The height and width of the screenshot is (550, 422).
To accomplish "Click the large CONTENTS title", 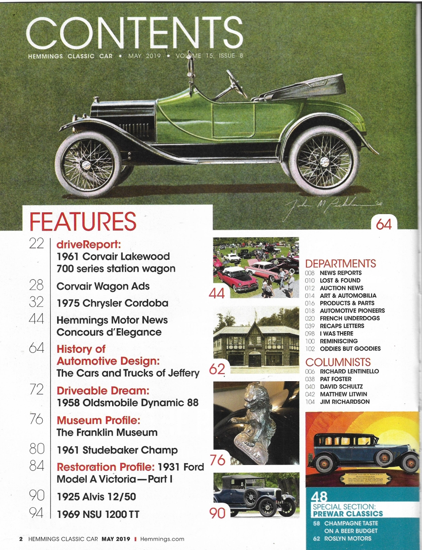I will pos(135,33).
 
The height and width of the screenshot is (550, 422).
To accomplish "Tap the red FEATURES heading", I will pos(83,221).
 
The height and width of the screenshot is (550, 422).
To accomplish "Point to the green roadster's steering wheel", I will pos(237,83).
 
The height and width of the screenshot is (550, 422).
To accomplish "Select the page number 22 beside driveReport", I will pos(36,243).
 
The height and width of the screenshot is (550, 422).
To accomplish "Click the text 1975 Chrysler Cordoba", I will pos(113,303).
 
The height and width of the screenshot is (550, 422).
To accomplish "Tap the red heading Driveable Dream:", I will pos(103,390).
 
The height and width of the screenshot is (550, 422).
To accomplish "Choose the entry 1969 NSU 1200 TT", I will pos(98,514).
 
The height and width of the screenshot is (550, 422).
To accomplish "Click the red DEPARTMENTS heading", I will pos(340,264).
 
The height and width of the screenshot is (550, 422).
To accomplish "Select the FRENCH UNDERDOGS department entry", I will pos(350,318).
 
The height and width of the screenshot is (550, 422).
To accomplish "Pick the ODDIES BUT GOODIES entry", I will pos(350,349).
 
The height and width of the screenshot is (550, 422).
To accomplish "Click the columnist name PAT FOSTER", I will pos(336,379).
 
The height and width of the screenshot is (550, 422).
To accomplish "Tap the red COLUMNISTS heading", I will pos(338,362).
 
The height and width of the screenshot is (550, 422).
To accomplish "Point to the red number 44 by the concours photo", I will pos(217,293).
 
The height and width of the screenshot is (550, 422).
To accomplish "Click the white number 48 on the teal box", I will pos(319,496).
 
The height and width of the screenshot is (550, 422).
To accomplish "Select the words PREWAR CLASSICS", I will pos(348,514).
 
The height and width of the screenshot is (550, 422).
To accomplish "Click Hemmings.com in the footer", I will pos(162,539).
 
